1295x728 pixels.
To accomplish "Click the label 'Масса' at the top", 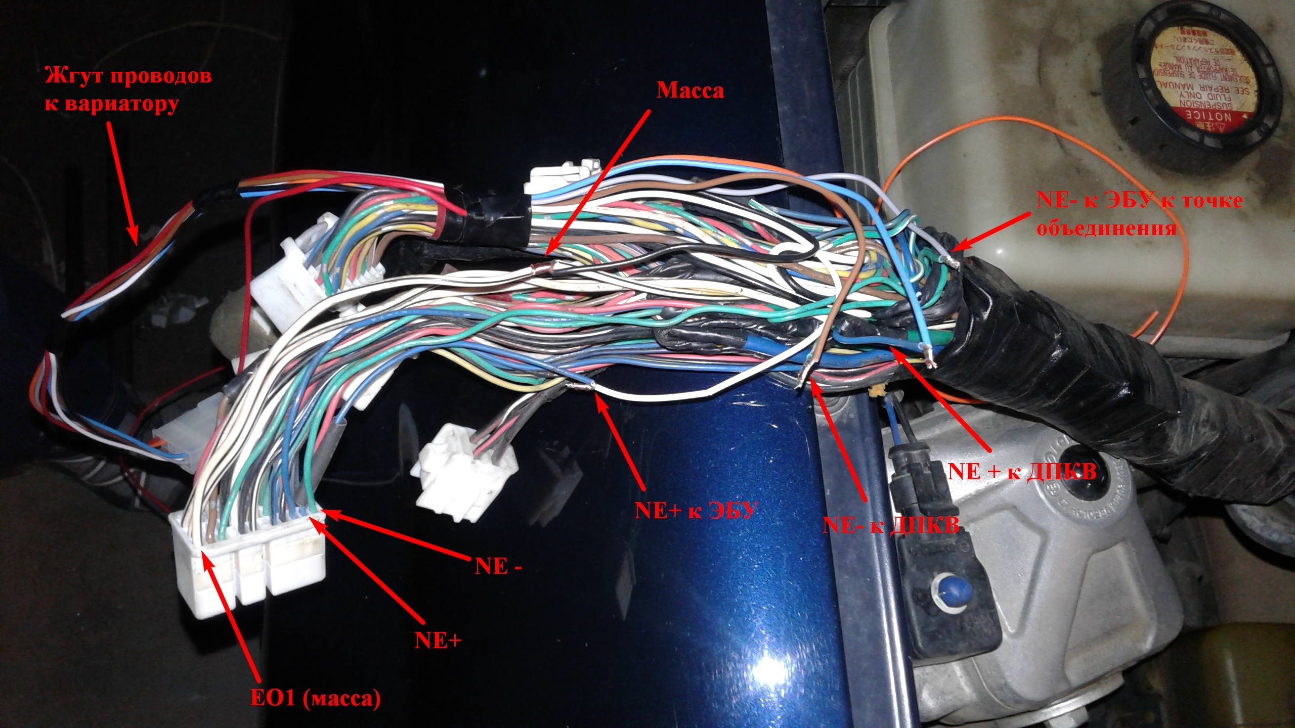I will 690,91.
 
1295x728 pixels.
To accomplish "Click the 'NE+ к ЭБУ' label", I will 696,510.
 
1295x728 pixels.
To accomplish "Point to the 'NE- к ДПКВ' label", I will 891,525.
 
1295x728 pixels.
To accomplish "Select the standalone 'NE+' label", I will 438,641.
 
